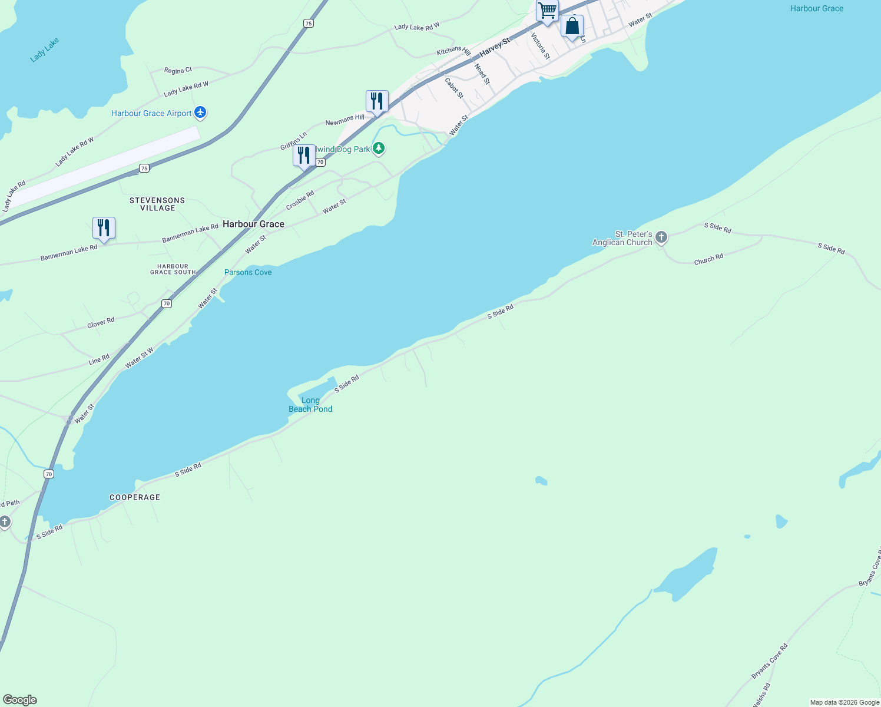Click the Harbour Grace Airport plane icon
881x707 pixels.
200,113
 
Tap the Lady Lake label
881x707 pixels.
45,50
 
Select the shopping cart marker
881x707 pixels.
547,11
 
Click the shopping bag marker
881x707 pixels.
572,27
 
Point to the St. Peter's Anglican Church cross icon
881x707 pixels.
661,237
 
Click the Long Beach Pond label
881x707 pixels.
310,405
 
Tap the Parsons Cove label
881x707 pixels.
248,272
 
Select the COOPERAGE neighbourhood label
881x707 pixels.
135,497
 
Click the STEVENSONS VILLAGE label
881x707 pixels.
157,204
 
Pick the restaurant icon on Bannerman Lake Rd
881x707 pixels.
104,228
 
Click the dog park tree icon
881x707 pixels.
379,148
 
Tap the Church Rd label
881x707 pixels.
708,260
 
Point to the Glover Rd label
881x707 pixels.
101,323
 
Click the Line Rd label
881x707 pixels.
99,359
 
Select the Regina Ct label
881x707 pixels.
178,71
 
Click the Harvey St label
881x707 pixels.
494,47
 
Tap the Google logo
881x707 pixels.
20,700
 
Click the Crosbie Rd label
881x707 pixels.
300,200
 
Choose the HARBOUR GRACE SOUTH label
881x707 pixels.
173,269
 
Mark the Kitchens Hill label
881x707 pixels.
453,52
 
